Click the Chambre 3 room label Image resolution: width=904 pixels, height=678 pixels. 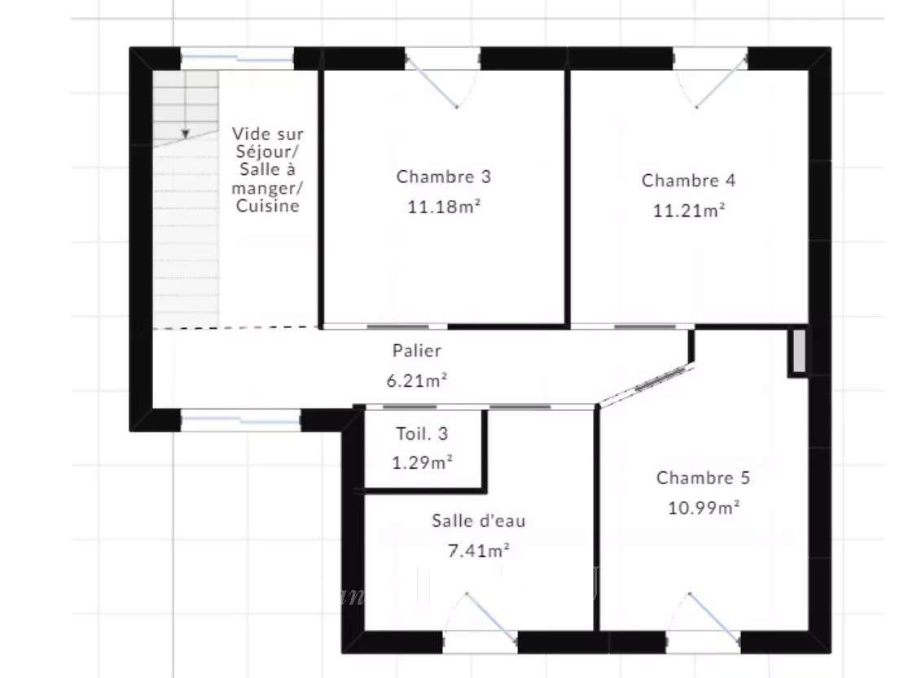(x=443, y=177)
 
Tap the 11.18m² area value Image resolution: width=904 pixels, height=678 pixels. (x=444, y=206)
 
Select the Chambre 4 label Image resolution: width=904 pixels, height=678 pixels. (x=688, y=181)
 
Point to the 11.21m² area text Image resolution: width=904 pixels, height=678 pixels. (x=688, y=210)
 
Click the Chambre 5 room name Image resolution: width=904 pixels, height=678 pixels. (x=703, y=478)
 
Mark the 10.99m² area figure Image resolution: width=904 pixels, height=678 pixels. (x=704, y=508)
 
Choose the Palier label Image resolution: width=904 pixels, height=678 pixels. (x=417, y=350)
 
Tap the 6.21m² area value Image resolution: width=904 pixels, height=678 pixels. (x=417, y=380)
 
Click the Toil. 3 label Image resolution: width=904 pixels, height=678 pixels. (x=421, y=433)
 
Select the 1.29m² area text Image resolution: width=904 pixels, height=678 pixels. (x=422, y=462)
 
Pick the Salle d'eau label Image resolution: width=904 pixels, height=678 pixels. (x=479, y=521)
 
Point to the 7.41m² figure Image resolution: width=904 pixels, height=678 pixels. (x=479, y=551)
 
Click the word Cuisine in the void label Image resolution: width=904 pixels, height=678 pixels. (x=267, y=206)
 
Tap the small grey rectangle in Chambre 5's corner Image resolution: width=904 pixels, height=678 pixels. (x=799, y=351)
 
